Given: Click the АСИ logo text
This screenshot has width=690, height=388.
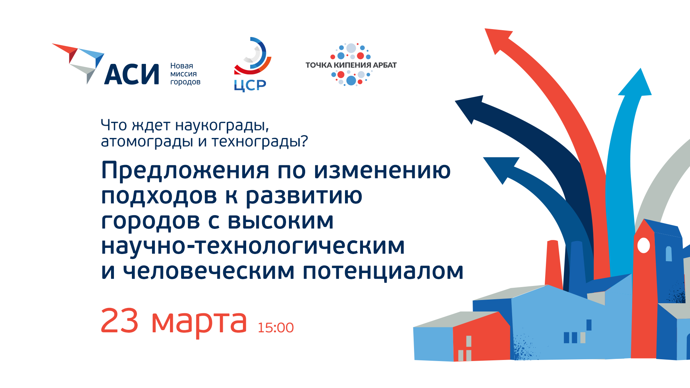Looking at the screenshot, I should click(x=132, y=74).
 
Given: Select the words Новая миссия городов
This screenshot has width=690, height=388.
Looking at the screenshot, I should click(x=185, y=74).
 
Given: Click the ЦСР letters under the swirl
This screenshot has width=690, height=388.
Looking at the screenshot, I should click(x=250, y=86).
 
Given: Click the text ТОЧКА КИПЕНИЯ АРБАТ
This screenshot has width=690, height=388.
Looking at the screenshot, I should click(x=351, y=65).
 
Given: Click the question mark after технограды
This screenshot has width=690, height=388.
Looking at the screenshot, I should click(x=304, y=141).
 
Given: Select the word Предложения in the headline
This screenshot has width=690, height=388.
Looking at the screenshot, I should click(x=185, y=170).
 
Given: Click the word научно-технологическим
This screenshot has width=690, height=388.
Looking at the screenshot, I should click(x=253, y=246).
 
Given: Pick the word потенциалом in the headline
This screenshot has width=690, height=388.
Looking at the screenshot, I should click(x=383, y=271).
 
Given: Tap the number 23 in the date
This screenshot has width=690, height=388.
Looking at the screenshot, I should click(x=119, y=321).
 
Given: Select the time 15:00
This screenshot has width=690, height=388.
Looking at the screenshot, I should click(x=276, y=328).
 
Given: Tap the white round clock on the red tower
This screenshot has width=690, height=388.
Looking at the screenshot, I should click(x=643, y=246).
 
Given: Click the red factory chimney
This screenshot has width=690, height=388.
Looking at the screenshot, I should click(x=553, y=264).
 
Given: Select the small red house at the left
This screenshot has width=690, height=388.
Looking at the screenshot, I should click(x=481, y=338).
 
